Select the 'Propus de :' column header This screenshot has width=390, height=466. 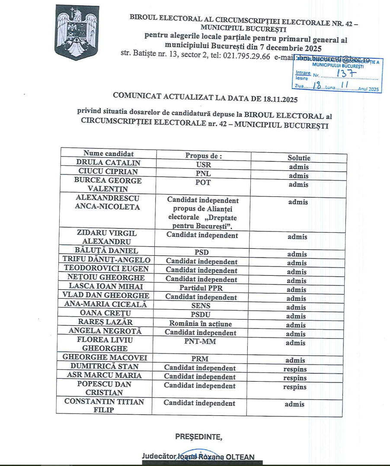204,156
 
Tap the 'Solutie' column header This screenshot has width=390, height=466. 299,158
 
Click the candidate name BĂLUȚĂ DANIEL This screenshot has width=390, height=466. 106,251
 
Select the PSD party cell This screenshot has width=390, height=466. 202,252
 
